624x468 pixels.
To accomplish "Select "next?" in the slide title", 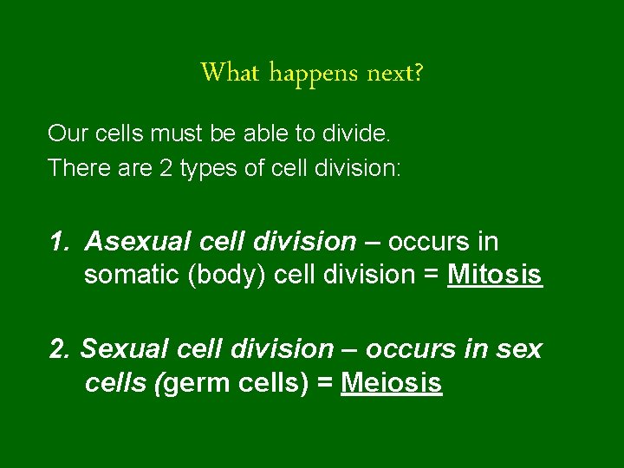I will coord(395,73).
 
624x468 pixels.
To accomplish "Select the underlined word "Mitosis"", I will coord(495,276).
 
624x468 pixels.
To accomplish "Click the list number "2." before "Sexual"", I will coord(61,348).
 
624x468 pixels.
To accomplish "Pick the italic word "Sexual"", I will coord(120,348).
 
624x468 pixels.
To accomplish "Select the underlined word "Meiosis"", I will coord(392,383).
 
